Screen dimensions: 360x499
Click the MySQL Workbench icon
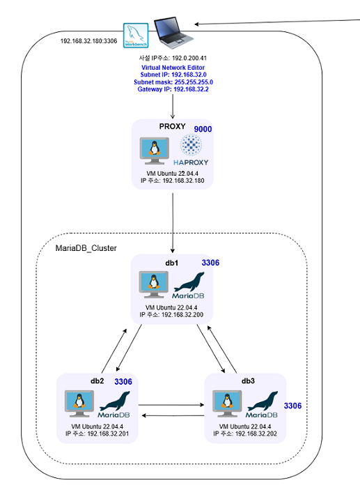coord(136,36)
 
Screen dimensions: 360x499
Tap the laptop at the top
coord(173,33)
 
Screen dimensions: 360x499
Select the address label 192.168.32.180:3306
coord(88,41)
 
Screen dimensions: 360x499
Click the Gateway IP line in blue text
coord(173,89)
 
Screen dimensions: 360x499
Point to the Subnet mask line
coord(173,82)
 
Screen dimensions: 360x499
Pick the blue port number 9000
coord(203,129)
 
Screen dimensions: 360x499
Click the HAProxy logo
coord(191,150)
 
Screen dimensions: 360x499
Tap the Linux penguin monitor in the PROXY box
coord(155,151)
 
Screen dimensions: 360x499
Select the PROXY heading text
coord(172,126)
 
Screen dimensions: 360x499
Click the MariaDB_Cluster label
coord(86,248)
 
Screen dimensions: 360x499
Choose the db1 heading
coord(172,263)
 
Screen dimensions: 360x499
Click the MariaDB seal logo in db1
coord(189,285)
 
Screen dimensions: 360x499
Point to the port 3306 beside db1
coord(210,263)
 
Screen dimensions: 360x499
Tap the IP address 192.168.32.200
coord(182,315)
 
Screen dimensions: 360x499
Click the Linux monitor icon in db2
coord(79,404)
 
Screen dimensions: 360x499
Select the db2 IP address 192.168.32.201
coord(108,433)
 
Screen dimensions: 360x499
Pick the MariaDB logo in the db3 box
coord(262,404)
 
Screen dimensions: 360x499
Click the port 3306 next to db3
coord(292,406)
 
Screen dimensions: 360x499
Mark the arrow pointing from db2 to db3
coord(171,405)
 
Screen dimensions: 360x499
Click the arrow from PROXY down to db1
coord(173,223)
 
